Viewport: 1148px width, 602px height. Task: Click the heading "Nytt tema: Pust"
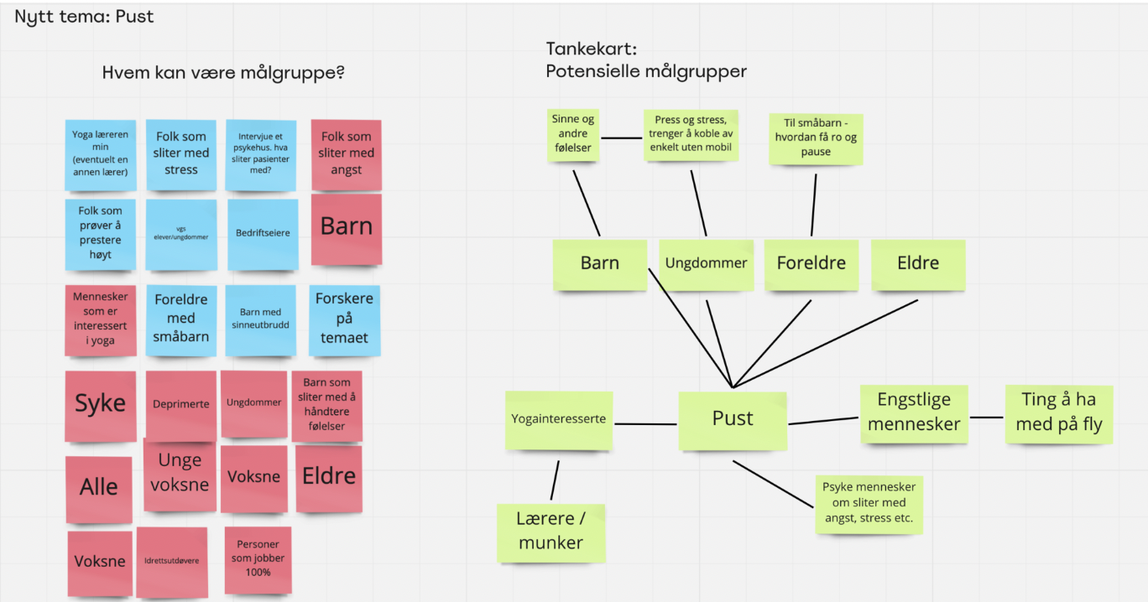[84, 16]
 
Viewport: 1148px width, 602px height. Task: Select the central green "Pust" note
[733, 419]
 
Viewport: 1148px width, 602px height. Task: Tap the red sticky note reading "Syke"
[101, 405]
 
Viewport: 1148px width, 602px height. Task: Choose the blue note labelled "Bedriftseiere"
[263, 233]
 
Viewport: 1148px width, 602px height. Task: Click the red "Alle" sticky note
[99, 488]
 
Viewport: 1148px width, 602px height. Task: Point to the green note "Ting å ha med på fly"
[1059, 413]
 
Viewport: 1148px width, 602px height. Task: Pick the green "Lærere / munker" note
[551, 532]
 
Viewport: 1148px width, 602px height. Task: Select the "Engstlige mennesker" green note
[914, 413]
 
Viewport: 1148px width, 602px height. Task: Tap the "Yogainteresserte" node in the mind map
[558, 419]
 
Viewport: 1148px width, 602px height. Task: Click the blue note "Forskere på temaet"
[344, 319]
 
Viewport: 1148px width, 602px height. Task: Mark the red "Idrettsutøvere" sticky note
[172, 561]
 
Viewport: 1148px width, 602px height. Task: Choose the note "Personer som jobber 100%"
[258, 558]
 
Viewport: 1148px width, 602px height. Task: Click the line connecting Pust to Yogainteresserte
[644, 423]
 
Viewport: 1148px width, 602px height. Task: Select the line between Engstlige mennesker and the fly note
[988, 417]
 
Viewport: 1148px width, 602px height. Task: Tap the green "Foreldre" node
[811, 264]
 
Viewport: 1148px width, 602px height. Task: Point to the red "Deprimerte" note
[181, 404]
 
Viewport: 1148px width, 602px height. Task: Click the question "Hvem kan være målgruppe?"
[223, 73]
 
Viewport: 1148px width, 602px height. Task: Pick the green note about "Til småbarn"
[816, 138]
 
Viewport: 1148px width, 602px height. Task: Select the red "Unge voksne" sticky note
[180, 473]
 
